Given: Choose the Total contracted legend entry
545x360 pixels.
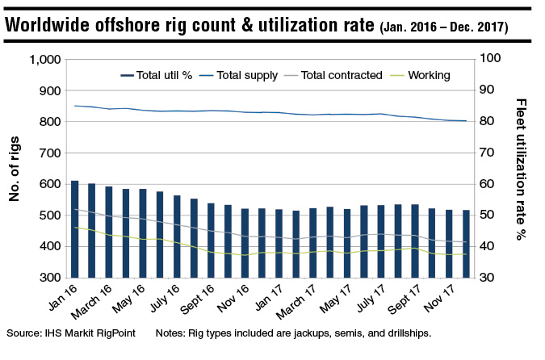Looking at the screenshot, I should (x=340, y=75).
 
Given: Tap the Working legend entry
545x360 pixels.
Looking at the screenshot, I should (x=428, y=75).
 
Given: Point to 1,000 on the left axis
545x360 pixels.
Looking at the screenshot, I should (x=44, y=60).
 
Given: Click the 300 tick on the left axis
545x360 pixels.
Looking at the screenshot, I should (x=51, y=278).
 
